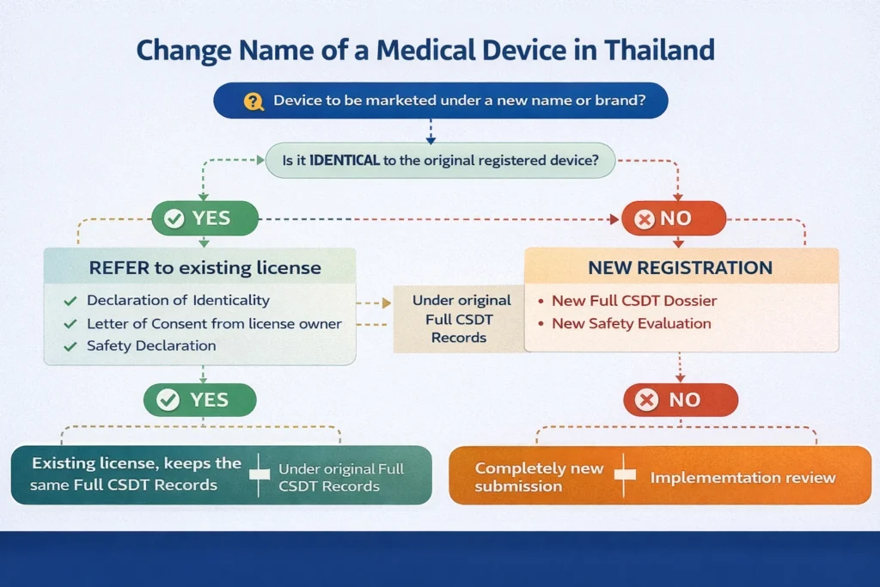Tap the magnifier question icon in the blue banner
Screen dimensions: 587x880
[253, 101]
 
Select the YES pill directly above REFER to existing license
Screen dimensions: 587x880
[205, 218]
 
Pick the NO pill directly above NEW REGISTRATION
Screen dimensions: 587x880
[674, 218]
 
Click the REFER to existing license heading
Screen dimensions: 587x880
[205, 267]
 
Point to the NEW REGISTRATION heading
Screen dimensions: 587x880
[680, 267]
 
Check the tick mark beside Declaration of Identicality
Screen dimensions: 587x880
[70, 301]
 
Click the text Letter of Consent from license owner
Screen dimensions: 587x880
[214, 324]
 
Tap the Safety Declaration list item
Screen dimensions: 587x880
[150, 345]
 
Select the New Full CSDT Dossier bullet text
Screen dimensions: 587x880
[634, 301]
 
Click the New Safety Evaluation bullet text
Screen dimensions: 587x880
[631, 324]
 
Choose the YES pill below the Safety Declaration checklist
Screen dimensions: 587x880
[199, 400]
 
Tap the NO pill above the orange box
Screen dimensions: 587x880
[680, 400]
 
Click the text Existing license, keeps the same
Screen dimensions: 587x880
[137, 463]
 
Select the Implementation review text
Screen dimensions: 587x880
[742, 477]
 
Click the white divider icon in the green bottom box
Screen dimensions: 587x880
[259, 475]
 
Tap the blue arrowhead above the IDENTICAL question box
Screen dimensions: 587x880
[431, 138]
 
